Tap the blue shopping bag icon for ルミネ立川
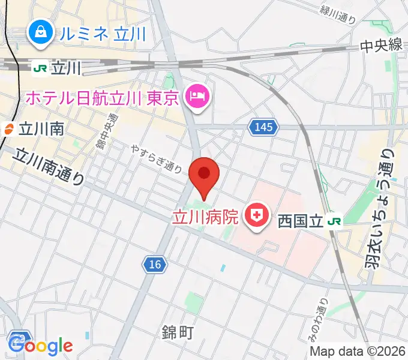40,33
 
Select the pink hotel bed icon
197,96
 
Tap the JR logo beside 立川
41,68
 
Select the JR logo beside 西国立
334,221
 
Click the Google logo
41,346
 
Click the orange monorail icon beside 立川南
9,128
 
